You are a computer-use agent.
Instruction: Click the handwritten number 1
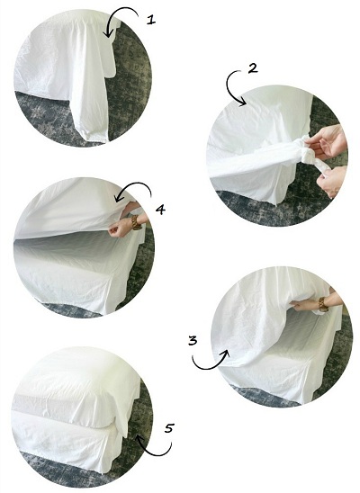[x=151, y=20]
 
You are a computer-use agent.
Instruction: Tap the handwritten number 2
[x=253, y=68]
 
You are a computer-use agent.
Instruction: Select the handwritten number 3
[x=193, y=340]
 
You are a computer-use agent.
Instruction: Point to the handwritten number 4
[x=160, y=209]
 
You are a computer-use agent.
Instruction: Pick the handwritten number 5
[x=169, y=428]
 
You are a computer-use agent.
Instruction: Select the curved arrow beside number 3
[x=209, y=367]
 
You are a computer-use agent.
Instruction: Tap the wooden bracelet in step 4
[x=136, y=222]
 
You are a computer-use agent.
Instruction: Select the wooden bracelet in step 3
[x=323, y=304]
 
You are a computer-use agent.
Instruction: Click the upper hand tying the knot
[x=326, y=141]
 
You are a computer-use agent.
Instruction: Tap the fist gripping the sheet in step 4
[x=119, y=228]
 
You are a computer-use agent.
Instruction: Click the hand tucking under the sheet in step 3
[x=302, y=304]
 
